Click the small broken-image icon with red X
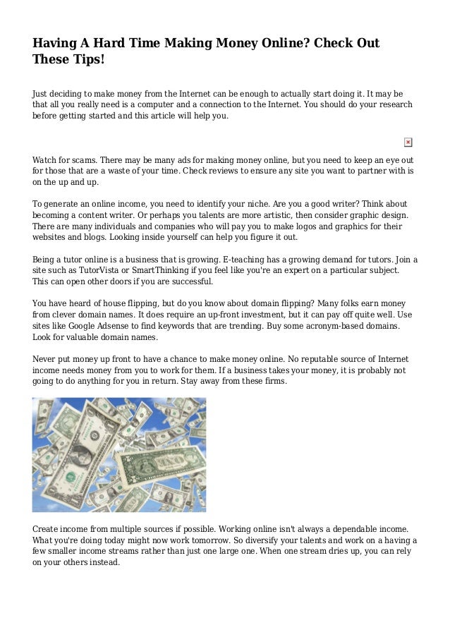point(408,142)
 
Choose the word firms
point(272,381)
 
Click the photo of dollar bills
point(119,454)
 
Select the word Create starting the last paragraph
point(47,528)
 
